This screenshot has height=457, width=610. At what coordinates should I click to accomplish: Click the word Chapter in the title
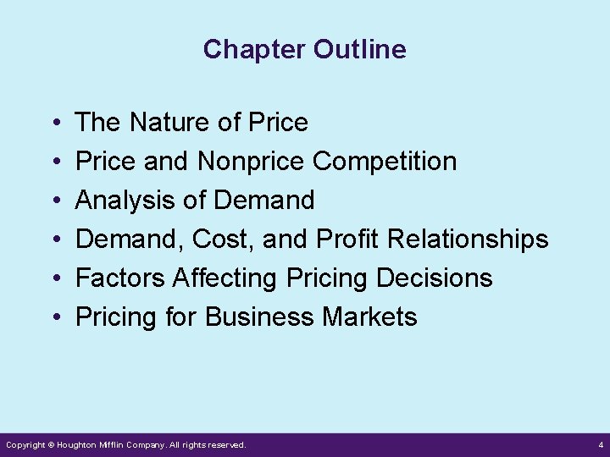255,50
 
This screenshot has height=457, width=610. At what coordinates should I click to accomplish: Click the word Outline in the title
360,50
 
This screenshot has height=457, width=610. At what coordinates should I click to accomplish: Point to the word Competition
385,162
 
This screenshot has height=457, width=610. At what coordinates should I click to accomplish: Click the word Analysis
119,201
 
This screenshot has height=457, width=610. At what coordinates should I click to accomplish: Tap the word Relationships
468,240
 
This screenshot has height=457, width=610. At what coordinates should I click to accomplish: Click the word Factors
120,278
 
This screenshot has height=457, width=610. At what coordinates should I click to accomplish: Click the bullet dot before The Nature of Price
55,124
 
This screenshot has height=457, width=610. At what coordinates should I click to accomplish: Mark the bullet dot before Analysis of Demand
55,201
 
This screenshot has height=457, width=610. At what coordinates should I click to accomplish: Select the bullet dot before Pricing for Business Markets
55,318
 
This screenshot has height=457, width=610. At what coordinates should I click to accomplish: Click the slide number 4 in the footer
600,444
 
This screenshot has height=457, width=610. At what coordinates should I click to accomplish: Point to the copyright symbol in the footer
50,444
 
